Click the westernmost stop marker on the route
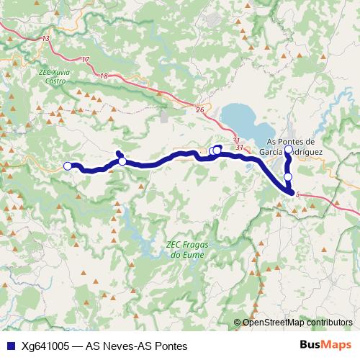[x=68, y=166]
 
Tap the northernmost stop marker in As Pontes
[x=288, y=150]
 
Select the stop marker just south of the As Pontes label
[x=288, y=176]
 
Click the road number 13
[x=47, y=37]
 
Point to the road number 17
[x=86, y=59]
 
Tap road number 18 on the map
[x=104, y=76]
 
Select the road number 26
[x=199, y=109]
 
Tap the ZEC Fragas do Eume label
[x=185, y=249]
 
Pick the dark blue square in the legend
[x=10, y=346]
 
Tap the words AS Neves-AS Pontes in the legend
[x=136, y=346]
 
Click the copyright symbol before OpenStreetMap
[x=238, y=323]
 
